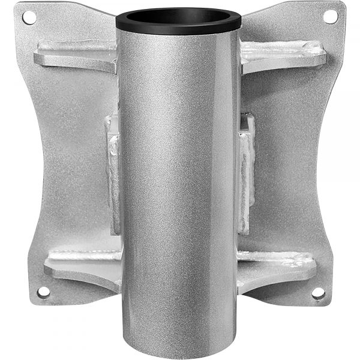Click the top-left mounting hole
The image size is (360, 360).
click(28, 17)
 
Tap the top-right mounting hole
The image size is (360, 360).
click(329, 17)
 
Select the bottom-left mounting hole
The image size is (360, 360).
click(43, 292)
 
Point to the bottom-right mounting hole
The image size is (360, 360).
click(317, 293)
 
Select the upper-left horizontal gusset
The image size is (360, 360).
click(75, 55)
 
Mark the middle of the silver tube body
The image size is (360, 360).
click(178, 186)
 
